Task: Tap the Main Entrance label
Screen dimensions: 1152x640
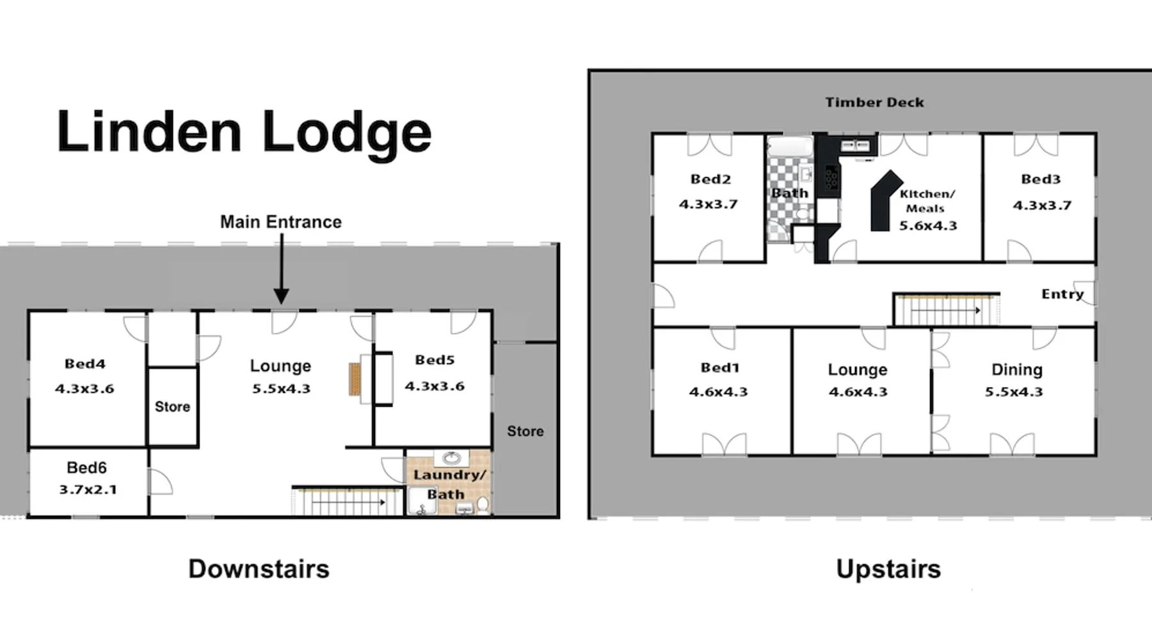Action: (x=281, y=222)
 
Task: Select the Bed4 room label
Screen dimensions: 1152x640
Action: (x=85, y=364)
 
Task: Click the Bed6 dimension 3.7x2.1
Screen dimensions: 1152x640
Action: (x=88, y=490)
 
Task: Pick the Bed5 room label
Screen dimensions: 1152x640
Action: (x=435, y=360)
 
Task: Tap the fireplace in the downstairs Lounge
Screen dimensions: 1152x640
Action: (x=355, y=379)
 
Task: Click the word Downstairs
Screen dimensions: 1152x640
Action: (x=259, y=569)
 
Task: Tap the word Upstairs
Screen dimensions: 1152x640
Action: (x=888, y=570)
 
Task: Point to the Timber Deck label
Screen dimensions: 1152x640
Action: (x=874, y=102)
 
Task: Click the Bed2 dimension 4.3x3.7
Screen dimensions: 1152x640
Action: (x=708, y=204)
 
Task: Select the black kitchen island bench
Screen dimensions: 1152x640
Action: (x=884, y=200)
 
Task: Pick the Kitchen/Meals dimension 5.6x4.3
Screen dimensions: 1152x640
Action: (x=928, y=226)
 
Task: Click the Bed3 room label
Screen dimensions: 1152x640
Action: (x=1041, y=179)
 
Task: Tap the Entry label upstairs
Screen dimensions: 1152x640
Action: (x=1062, y=294)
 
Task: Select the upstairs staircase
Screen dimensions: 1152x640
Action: (x=947, y=309)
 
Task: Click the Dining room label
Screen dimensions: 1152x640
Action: (x=1017, y=370)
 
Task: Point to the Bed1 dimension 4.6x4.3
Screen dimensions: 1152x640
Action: (x=718, y=392)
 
